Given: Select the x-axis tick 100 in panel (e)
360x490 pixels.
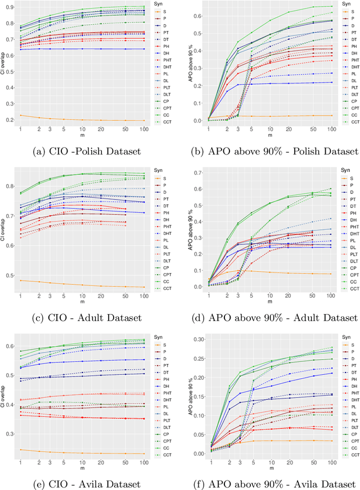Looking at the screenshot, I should click(x=145, y=461).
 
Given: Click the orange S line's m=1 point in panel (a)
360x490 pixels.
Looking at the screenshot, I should click(x=20, y=115).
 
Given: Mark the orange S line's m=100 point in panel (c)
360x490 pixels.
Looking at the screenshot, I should click(x=145, y=287).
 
